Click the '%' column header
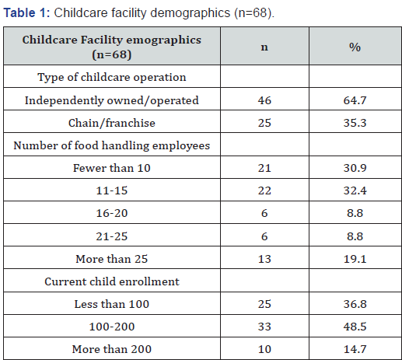[355, 47]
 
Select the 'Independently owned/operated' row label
[112, 100]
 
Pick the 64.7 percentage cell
[355, 100]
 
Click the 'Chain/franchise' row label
[112, 122]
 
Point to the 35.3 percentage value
[355, 122]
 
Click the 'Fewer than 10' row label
[112, 167]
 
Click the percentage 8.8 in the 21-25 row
[355, 234]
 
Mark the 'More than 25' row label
[112, 257]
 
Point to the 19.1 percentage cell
[355, 257]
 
